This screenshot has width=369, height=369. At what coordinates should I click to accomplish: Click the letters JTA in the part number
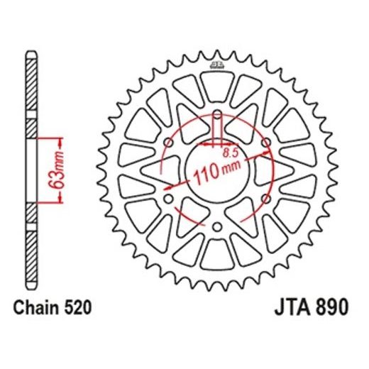(x=292, y=309)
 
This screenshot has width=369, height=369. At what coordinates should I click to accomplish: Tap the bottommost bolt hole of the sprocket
(x=217, y=226)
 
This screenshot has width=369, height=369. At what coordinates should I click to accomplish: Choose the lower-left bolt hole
(x=169, y=199)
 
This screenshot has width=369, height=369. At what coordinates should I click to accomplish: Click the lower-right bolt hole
(x=266, y=199)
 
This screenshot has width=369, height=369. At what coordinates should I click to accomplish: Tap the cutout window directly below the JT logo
(x=217, y=88)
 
